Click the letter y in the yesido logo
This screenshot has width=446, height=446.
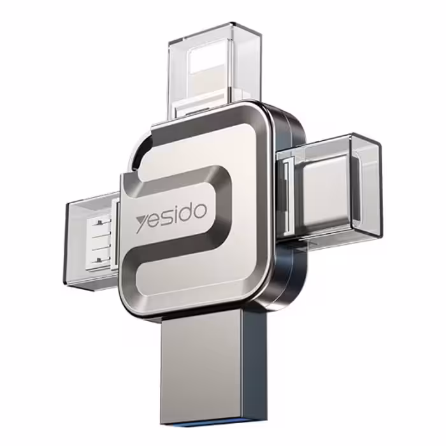141,224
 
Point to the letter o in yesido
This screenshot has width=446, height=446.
199,211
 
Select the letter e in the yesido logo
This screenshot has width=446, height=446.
154,221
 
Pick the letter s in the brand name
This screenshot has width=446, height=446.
165,219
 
